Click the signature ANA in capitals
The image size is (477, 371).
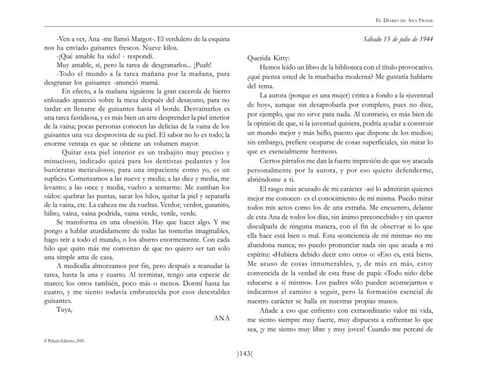(222, 317)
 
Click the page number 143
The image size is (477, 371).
(238, 354)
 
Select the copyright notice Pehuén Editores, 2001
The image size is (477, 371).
(64, 340)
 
